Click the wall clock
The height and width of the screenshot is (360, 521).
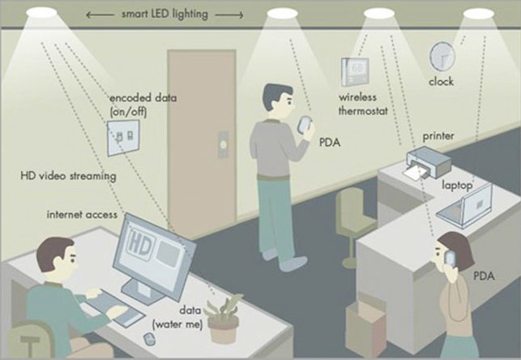[442, 57]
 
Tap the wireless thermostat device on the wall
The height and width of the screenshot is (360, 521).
[355, 72]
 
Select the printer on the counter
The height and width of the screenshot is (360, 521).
[429, 163]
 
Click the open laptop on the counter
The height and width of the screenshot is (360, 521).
[465, 207]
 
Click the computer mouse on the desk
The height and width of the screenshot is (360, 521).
[149, 339]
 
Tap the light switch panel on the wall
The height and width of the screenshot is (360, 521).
[123, 138]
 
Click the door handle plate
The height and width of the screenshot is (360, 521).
[223, 144]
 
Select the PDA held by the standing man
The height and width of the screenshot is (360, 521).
[305, 125]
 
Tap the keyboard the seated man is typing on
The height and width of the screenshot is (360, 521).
[113, 306]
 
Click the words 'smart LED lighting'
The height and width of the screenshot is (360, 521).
[164, 15]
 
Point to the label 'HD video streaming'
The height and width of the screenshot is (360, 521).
[68, 175]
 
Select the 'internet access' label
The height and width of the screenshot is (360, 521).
[82, 214]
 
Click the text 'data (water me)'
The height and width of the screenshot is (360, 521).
[177, 318]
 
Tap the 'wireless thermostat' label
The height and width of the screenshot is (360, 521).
[363, 104]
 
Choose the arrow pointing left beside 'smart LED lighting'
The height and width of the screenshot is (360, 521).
[100, 15]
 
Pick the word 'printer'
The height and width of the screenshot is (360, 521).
[438, 136]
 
